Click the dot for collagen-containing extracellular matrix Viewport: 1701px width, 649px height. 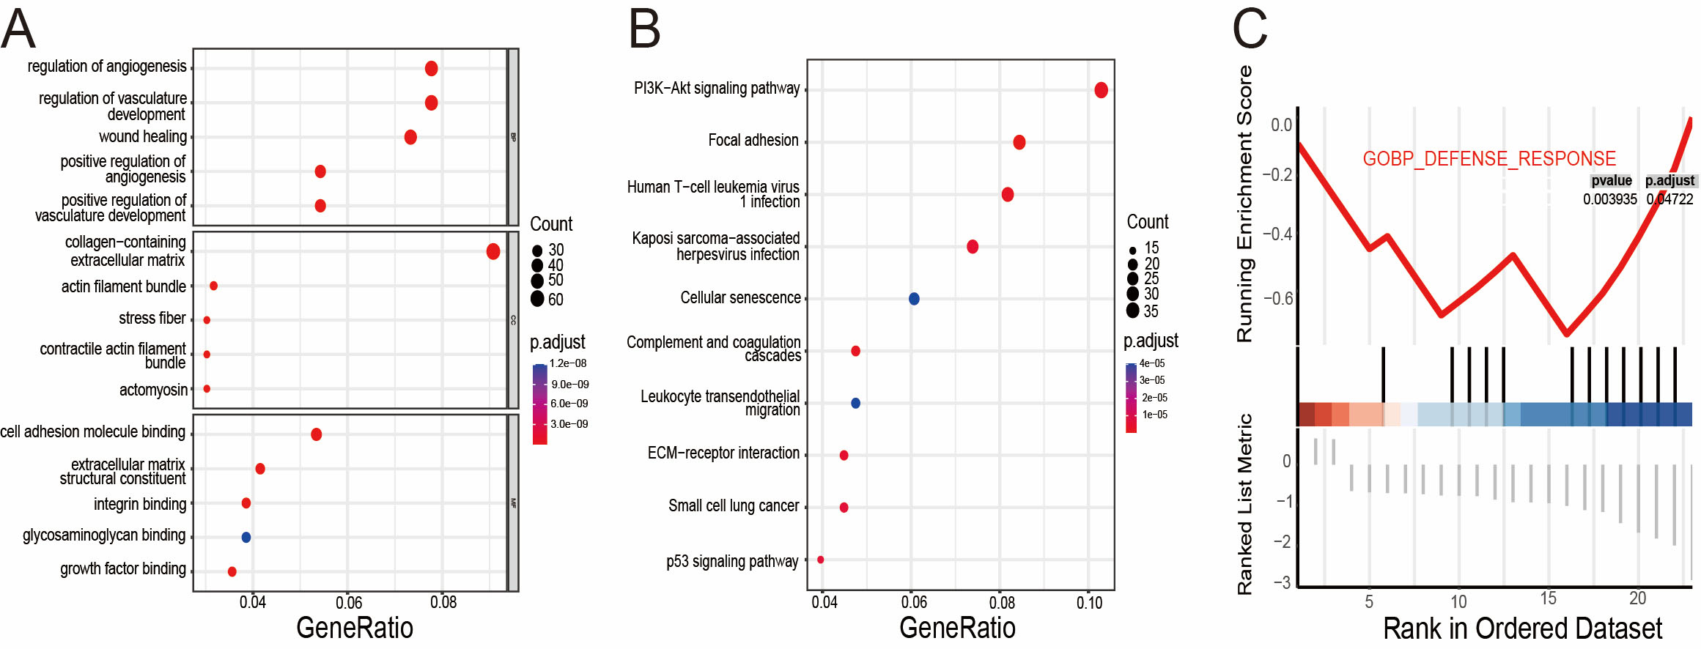(x=493, y=251)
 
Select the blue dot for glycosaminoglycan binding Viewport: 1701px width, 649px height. (x=246, y=537)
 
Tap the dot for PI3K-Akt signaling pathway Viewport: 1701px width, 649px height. (x=1101, y=90)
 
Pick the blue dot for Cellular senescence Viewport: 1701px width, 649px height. (x=914, y=298)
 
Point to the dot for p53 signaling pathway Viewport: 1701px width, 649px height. (x=821, y=560)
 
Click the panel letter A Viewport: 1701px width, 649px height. (x=18, y=29)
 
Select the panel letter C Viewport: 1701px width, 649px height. (x=1250, y=29)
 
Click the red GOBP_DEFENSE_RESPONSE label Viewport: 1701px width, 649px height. (x=1489, y=159)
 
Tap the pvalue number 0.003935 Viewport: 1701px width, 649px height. (x=1609, y=199)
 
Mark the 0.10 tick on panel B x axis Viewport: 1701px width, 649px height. (x=1089, y=603)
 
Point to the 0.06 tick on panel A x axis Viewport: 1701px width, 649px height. (x=349, y=603)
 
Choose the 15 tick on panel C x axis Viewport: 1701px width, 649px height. (x=1548, y=599)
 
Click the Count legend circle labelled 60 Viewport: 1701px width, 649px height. (x=537, y=299)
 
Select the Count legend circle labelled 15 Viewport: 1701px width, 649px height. (x=1133, y=250)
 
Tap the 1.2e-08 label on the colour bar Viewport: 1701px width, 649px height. (x=568, y=363)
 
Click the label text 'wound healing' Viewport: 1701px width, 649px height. (x=143, y=137)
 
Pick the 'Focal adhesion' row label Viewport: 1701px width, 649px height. (x=753, y=141)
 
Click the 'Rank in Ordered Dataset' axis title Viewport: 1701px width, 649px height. (x=1522, y=628)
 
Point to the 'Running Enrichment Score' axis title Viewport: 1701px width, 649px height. (x=1244, y=204)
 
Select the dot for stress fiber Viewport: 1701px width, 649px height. (x=207, y=320)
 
